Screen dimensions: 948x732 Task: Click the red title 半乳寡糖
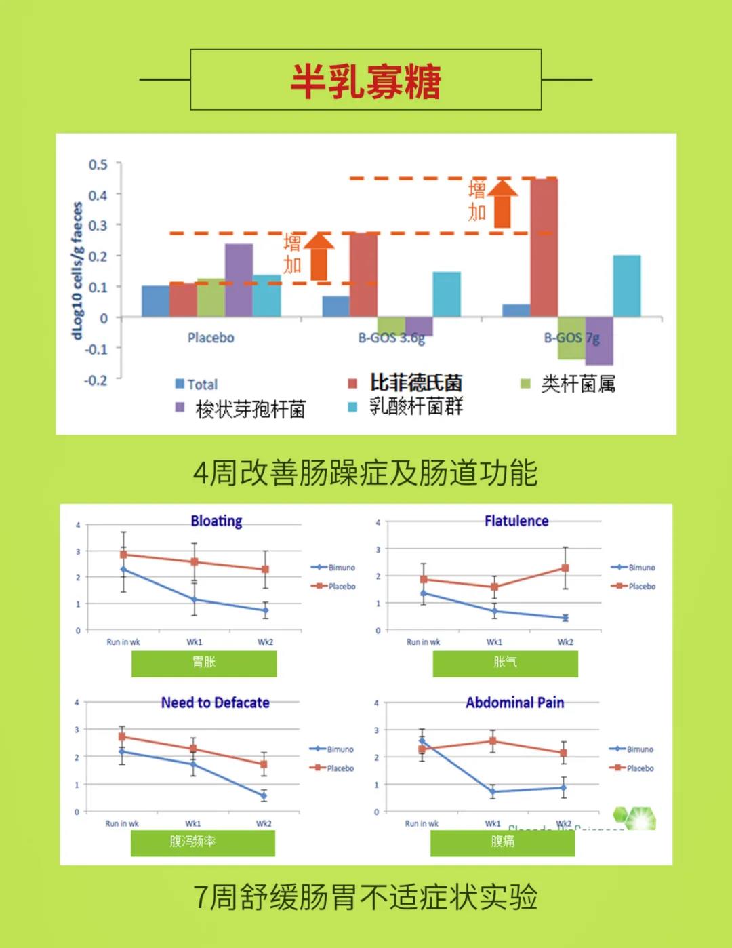(366, 81)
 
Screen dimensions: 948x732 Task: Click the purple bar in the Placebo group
(239, 280)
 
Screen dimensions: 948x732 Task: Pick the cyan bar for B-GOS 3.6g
(447, 294)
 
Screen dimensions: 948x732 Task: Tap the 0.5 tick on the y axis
(98, 165)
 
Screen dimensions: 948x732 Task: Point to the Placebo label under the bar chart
(211, 338)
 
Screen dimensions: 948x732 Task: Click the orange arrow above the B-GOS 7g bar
(502, 202)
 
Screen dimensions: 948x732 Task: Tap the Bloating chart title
(216, 521)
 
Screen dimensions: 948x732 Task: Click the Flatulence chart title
(516, 521)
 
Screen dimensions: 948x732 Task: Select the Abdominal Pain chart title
(514, 703)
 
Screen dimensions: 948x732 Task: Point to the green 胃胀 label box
(204, 663)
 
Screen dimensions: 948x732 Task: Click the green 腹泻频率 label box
(203, 842)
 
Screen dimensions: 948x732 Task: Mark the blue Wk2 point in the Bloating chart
(265, 610)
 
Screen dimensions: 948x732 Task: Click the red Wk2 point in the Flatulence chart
(565, 568)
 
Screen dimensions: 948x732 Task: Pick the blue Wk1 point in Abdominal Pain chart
(493, 791)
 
